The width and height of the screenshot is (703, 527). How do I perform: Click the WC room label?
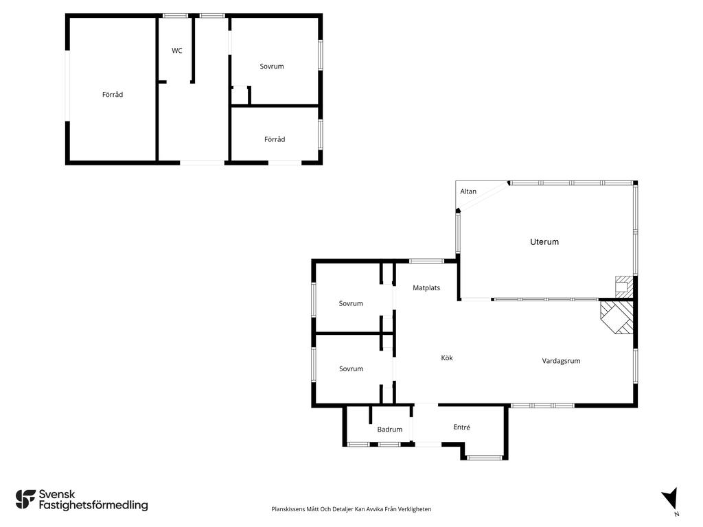click(176, 51)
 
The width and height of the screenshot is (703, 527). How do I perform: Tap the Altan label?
click(468, 191)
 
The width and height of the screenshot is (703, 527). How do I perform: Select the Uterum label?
click(544, 242)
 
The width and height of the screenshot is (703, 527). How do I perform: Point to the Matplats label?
click(426, 288)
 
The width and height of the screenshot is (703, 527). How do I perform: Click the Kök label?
click(447, 358)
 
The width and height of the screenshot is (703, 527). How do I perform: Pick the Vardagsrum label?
click(561, 361)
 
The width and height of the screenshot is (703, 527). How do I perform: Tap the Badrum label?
click(390, 430)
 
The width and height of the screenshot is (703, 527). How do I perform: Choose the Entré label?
click(462, 427)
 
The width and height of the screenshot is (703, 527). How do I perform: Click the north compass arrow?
click(670, 497)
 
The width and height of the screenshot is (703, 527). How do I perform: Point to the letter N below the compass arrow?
click(676, 514)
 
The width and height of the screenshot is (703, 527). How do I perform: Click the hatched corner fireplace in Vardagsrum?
click(617, 317)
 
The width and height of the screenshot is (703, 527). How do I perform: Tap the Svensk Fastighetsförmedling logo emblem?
click(25, 500)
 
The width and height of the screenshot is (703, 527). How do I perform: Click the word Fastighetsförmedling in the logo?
click(93, 506)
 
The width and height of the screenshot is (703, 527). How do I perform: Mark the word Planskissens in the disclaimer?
click(288, 509)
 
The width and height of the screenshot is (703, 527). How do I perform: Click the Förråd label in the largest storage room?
click(113, 95)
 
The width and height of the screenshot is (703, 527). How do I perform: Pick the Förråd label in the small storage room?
click(275, 139)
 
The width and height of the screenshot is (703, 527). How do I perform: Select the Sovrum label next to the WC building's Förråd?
click(272, 67)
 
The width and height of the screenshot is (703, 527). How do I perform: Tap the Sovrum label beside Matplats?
click(351, 303)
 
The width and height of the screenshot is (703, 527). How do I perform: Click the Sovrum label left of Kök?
click(351, 368)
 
